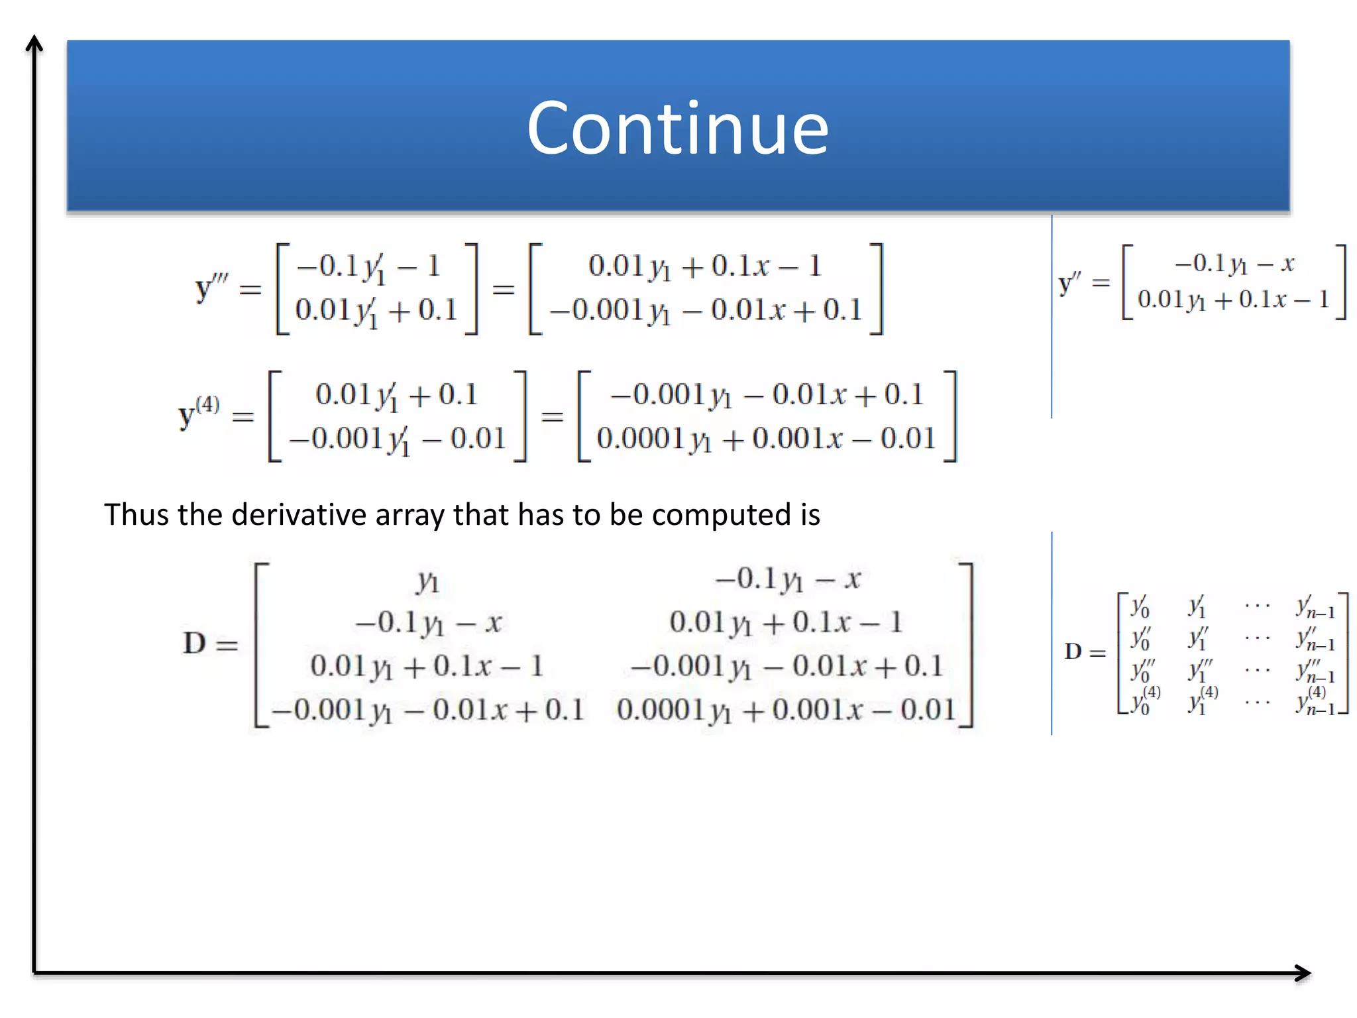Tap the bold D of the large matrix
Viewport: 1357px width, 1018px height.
(195, 643)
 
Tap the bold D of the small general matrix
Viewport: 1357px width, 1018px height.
(1073, 651)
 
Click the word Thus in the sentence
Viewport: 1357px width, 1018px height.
(132, 514)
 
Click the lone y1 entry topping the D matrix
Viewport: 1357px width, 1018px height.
(427, 581)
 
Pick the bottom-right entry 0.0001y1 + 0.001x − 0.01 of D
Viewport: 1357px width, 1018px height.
(786, 710)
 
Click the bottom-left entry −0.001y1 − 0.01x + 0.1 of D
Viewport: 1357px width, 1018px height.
(428, 710)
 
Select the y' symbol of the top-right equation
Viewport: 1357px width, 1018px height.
(1069, 283)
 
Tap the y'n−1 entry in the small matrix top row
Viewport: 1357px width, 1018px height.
(1315, 607)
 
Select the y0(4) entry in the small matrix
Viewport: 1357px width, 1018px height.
(1144, 701)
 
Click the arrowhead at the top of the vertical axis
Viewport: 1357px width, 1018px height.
(34, 43)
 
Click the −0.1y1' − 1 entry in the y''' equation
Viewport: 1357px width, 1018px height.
(368, 267)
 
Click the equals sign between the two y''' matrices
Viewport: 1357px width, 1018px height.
(504, 289)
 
